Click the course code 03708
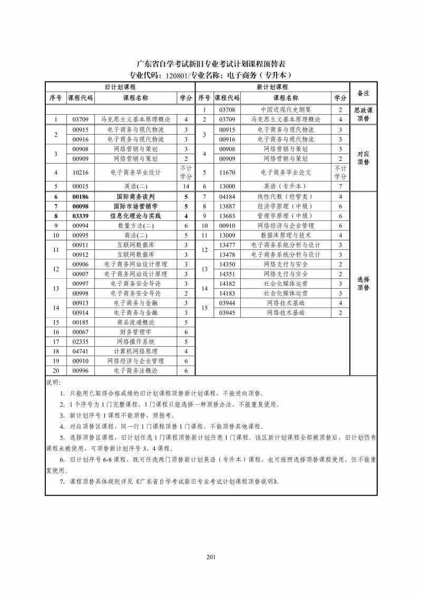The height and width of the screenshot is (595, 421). coord(227,110)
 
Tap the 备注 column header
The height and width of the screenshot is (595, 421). coord(363,93)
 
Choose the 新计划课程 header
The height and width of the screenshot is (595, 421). coord(272,87)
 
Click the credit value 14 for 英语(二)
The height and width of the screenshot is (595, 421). coord(185,186)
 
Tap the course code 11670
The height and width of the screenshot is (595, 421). coord(227,172)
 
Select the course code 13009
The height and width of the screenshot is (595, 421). coord(227,235)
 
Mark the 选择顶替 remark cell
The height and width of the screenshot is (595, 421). coord(363,284)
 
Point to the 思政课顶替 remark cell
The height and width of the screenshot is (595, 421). coord(363,115)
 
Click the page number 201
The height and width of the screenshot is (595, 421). coord(211,558)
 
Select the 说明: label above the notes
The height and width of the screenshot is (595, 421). coord(54,382)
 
